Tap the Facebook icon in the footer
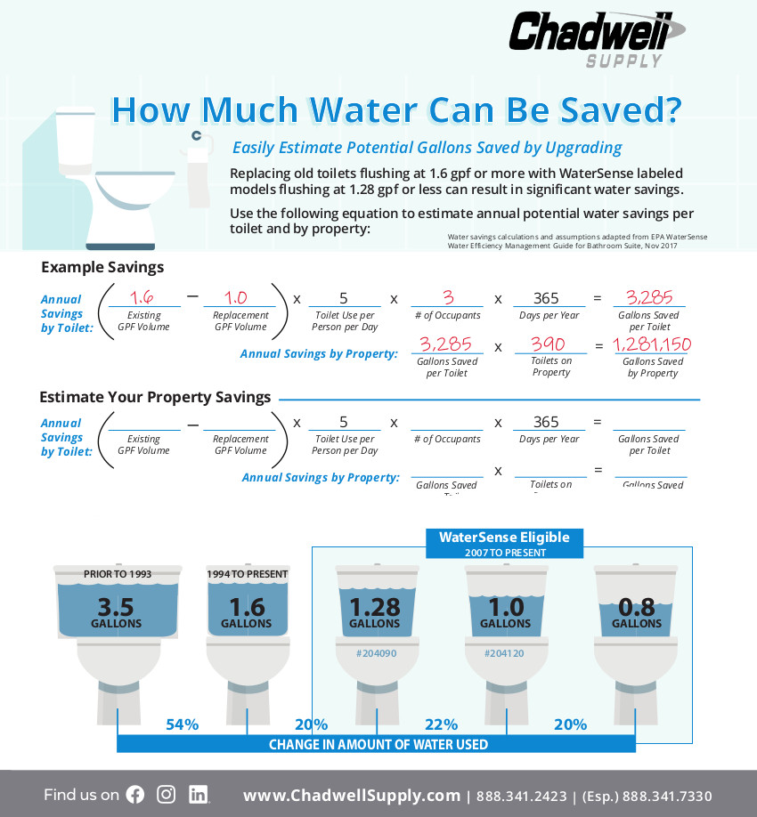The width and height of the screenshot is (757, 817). [x=135, y=795]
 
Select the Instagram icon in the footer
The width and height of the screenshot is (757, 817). [x=167, y=795]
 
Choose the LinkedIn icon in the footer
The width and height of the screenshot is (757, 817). [x=199, y=795]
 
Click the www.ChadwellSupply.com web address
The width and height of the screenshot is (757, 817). [x=352, y=796]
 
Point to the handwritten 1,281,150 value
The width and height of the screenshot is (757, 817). [x=652, y=344]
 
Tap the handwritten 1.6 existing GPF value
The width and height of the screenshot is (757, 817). [x=143, y=297]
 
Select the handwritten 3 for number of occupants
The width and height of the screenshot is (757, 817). [x=447, y=297]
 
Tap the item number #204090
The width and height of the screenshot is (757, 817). [x=374, y=652]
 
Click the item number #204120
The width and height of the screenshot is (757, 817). [x=505, y=652]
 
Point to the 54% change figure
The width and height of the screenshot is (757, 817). [x=182, y=724]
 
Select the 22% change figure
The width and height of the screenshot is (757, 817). [x=441, y=724]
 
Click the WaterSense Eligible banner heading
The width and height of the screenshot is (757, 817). [x=504, y=538]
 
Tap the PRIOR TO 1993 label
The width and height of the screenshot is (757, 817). [x=117, y=574]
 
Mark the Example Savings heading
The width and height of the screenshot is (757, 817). [x=102, y=267]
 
